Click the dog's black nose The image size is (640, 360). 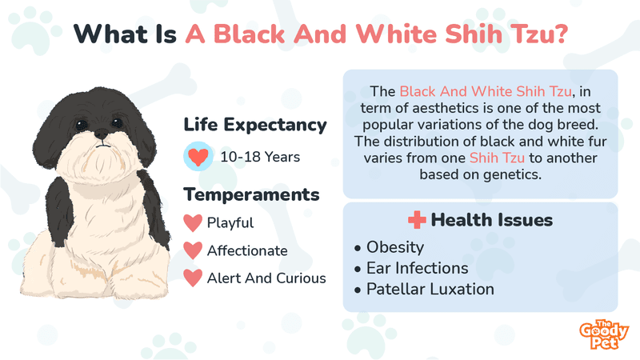(x=101, y=134)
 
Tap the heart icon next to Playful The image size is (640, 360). (x=193, y=223)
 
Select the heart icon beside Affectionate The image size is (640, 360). (x=193, y=250)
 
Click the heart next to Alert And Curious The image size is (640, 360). (x=193, y=278)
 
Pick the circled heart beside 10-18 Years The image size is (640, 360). (x=198, y=156)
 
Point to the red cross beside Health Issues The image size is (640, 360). (x=417, y=220)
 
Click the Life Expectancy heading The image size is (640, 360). (x=255, y=125)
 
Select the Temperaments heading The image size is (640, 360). (x=251, y=194)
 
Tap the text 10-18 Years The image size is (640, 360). (x=260, y=157)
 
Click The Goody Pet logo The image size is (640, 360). (x=604, y=334)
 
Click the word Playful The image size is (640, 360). (x=230, y=223)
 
